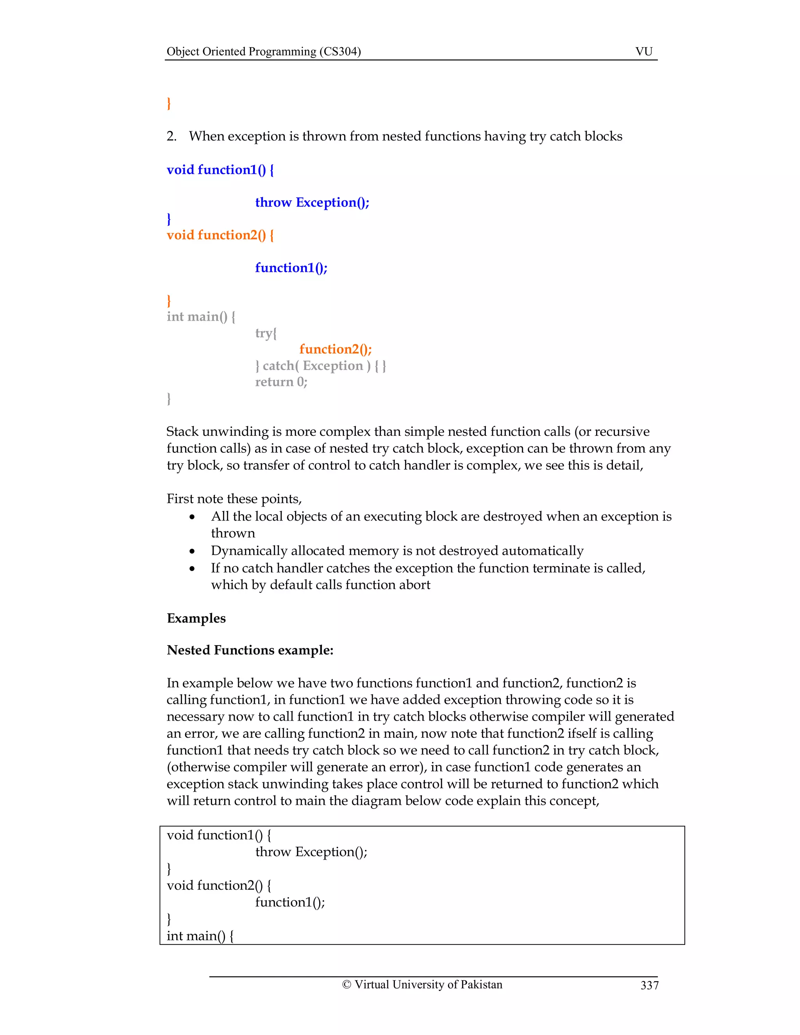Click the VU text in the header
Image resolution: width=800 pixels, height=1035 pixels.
pos(644,51)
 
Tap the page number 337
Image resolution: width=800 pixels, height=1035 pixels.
pos(649,985)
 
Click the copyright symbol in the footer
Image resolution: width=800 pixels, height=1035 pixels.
pos(346,984)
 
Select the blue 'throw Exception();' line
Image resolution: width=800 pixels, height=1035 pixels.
pos(312,202)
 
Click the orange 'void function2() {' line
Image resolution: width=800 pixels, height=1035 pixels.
pos(220,235)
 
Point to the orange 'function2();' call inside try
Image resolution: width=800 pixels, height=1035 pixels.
pos(335,349)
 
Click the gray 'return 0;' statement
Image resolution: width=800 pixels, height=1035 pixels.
pos(281,382)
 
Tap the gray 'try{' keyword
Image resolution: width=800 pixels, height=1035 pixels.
pos(265,333)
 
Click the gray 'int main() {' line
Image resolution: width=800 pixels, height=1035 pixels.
pos(200,317)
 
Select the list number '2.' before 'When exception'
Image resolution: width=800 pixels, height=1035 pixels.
pos(171,136)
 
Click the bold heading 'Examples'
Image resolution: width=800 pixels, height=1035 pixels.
pos(196,618)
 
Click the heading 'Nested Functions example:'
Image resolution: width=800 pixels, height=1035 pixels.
pos(250,650)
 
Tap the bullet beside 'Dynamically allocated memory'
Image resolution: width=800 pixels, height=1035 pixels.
pos(192,551)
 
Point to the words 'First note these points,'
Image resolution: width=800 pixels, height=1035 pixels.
pos(234,499)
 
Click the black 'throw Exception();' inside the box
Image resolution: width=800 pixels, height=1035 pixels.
pos(311,852)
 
